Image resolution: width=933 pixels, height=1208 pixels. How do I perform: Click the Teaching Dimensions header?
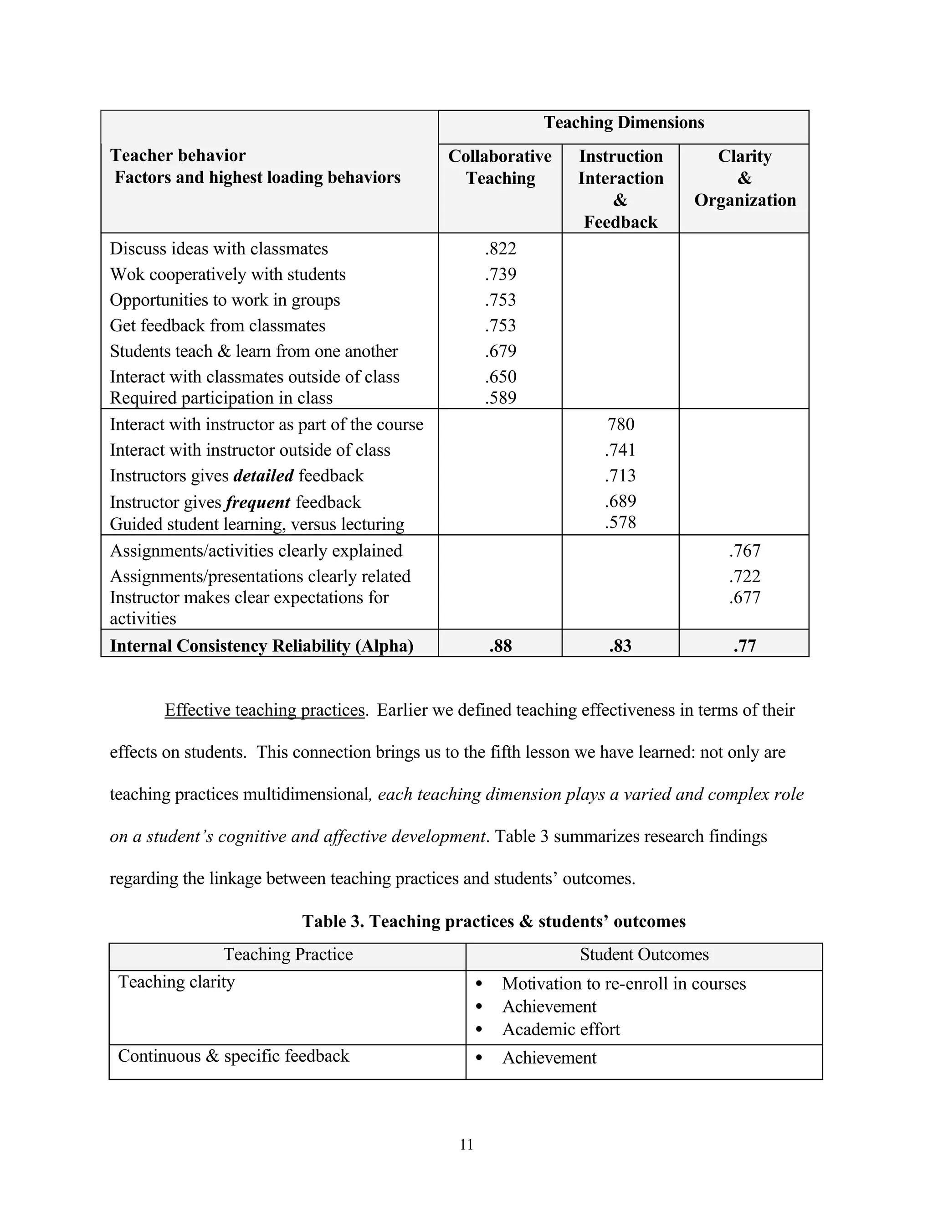coord(624,122)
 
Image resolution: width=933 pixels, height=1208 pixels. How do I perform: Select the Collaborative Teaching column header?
coord(500,167)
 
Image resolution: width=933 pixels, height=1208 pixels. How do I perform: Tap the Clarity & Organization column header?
coord(744,178)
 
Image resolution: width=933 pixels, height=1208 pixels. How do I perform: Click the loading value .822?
coord(500,249)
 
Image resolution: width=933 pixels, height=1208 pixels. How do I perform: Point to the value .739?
coord(500,274)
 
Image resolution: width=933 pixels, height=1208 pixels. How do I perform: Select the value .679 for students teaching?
coord(500,351)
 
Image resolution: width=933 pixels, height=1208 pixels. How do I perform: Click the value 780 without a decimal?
coord(621,424)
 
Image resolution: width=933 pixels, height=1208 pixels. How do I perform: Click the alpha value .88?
coord(500,645)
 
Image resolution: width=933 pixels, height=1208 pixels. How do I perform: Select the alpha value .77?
coord(744,645)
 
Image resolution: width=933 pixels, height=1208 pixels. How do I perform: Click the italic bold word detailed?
coord(264,475)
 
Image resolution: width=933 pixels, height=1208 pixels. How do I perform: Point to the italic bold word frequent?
coord(258,502)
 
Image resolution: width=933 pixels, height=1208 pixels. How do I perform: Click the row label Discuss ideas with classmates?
coord(219,249)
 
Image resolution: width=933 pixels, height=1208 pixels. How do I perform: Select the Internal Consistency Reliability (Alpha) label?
coord(261,645)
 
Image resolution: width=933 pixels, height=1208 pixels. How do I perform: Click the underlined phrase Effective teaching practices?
coord(265,710)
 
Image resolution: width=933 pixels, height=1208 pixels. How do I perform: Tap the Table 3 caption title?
coord(493,921)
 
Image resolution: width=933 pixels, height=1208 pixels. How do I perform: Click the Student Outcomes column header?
coord(644,955)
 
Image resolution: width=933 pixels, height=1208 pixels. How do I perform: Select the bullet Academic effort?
coord(560,1029)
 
